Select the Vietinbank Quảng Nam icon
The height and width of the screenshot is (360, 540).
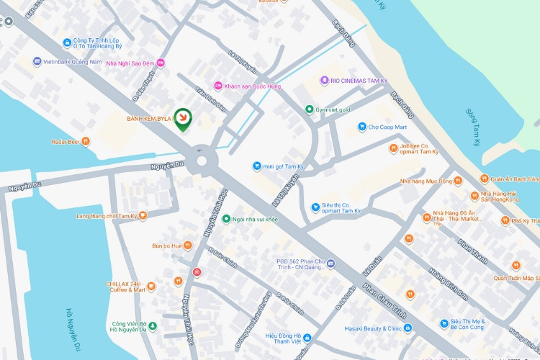37,62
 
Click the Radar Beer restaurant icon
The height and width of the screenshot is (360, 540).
86,142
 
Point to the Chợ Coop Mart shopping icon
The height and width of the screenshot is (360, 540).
362,127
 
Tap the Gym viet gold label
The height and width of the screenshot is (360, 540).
333,110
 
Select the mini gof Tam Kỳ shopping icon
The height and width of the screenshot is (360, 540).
256,166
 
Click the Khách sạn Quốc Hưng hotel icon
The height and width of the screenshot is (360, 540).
218,86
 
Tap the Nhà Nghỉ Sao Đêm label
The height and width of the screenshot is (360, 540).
130,63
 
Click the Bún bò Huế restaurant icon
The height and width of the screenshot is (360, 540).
187,246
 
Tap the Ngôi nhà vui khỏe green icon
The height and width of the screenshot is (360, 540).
226,219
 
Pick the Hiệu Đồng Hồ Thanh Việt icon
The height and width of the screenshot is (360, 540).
307,337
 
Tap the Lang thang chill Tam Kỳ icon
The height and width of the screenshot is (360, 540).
143,215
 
